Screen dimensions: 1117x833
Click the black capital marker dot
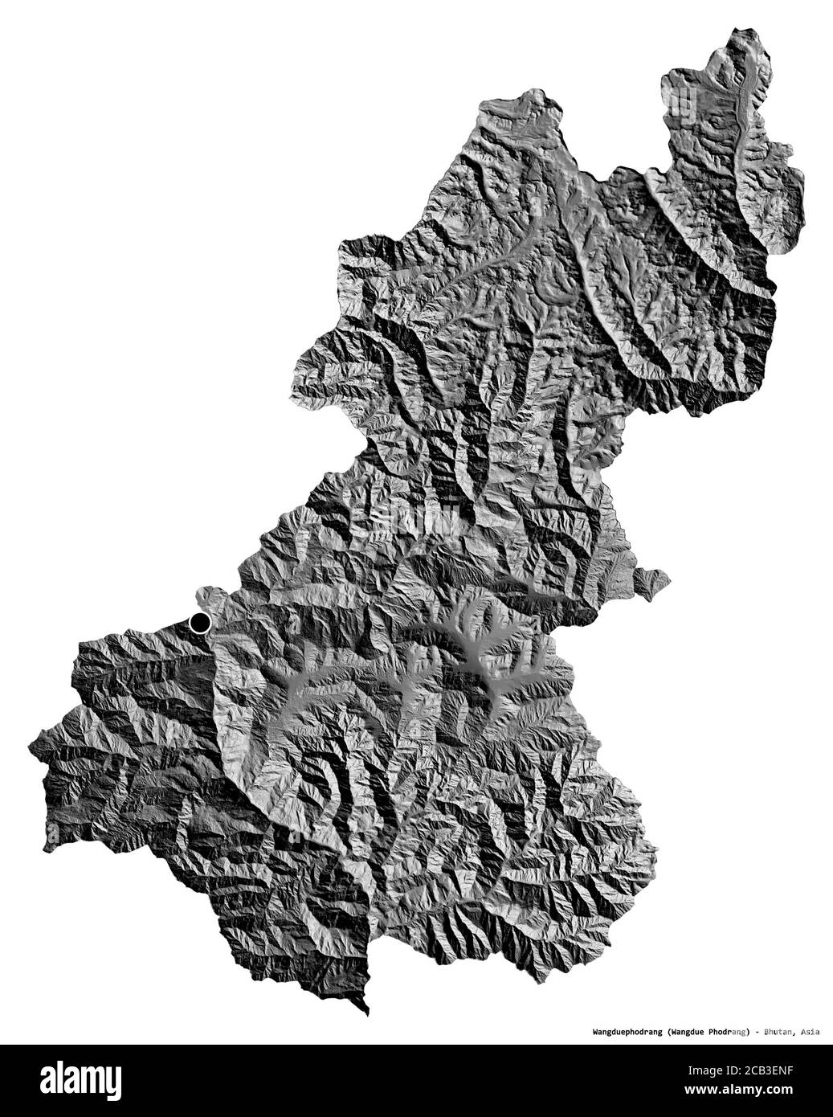(199, 622)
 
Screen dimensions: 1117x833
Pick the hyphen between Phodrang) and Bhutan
(757, 1030)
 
